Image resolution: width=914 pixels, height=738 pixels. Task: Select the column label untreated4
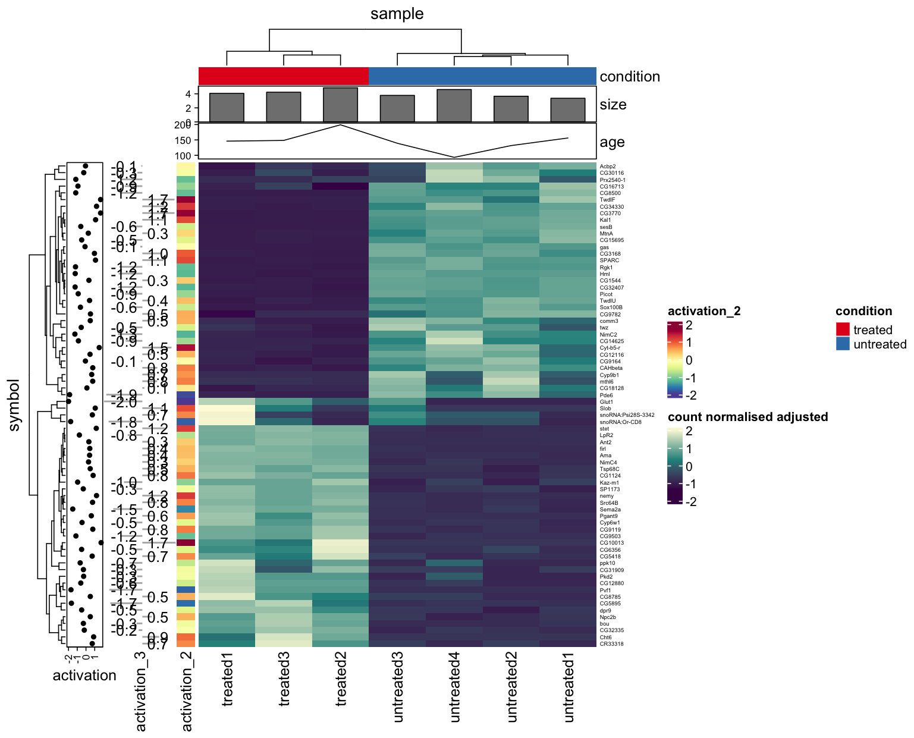click(455, 687)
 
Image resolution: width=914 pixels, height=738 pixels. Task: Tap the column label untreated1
click(568, 687)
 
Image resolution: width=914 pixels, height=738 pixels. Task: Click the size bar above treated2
click(340, 105)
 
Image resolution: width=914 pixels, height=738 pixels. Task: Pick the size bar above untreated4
click(454, 106)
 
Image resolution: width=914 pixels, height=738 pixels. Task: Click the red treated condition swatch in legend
click(842, 329)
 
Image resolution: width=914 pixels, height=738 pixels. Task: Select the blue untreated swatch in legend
click(842, 344)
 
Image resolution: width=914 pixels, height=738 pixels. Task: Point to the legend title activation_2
click(704, 311)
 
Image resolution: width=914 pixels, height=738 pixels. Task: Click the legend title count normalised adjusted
click(747, 417)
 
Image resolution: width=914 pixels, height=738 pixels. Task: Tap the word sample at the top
click(397, 14)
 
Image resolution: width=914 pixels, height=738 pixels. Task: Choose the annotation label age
click(612, 142)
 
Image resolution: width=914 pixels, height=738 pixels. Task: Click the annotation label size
click(613, 105)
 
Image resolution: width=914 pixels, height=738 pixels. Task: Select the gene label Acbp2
click(608, 167)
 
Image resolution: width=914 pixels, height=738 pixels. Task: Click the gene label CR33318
click(611, 643)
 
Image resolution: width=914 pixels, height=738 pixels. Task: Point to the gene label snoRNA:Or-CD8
click(620, 422)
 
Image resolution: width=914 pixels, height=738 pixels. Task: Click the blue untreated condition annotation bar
click(482, 76)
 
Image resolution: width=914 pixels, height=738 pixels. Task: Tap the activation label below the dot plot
click(84, 676)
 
